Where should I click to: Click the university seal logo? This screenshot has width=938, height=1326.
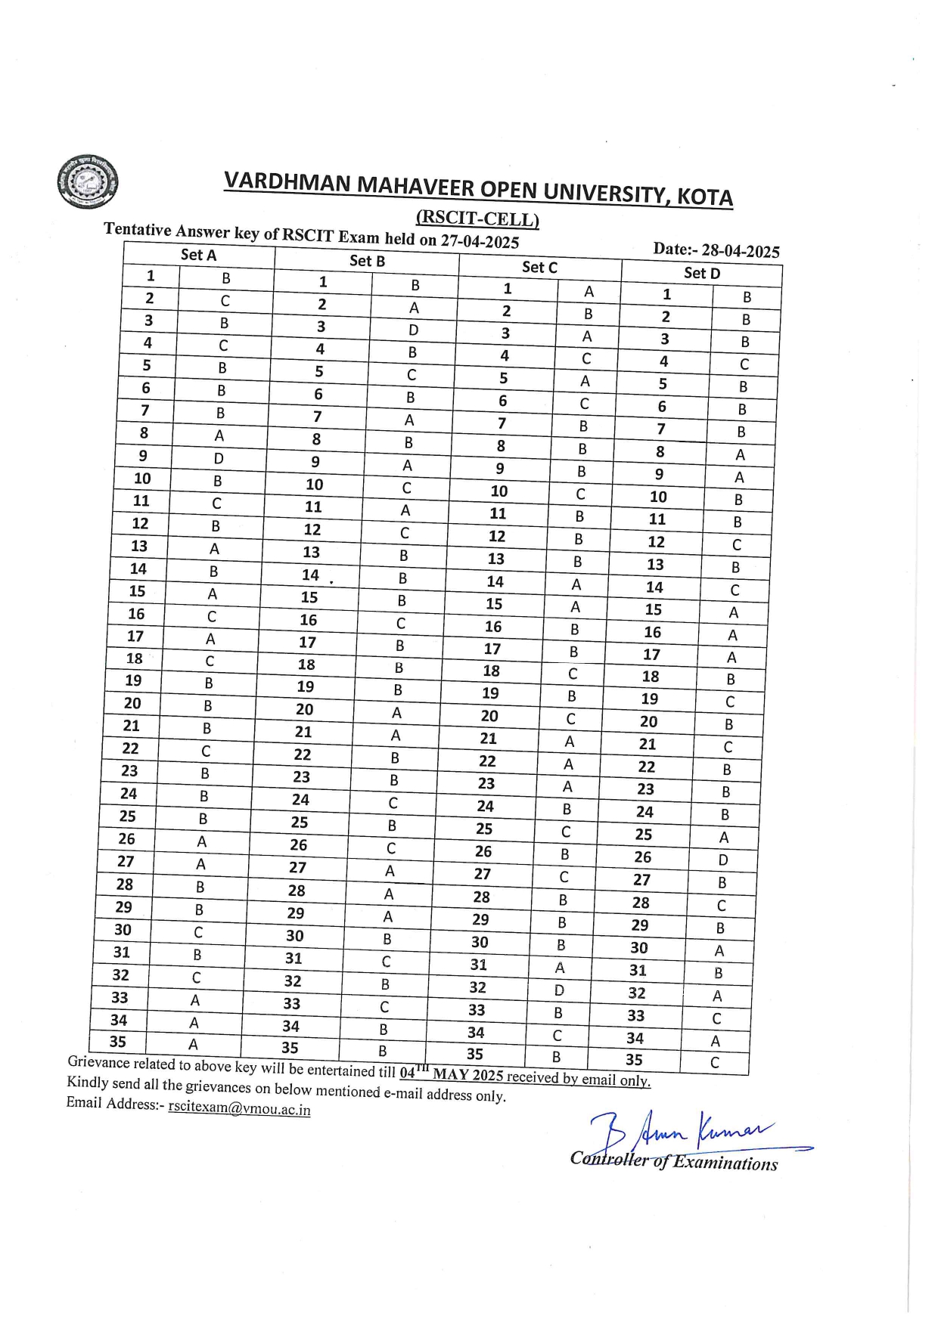click(x=88, y=182)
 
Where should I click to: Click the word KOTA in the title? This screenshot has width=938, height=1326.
click(x=704, y=197)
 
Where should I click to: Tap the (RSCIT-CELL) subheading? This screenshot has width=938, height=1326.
click(x=477, y=219)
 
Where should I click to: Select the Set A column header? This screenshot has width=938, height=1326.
click(x=198, y=256)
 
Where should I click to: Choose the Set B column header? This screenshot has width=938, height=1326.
click(x=367, y=262)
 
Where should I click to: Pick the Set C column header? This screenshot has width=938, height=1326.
click(x=539, y=268)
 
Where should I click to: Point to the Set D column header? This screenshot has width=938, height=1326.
click(x=701, y=274)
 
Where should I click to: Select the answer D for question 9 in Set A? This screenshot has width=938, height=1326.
click(x=219, y=458)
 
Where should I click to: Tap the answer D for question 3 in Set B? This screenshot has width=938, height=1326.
click(x=413, y=330)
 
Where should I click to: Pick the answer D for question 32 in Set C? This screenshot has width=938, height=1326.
click(x=559, y=990)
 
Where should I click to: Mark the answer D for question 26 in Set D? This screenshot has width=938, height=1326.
click(x=723, y=860)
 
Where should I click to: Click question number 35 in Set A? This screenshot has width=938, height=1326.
click(x=117, y=1042)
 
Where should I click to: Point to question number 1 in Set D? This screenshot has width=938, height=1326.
click(x=666, y=294)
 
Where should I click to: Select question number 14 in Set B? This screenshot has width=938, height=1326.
click(x=310, y=575)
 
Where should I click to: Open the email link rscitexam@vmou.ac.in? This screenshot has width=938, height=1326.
click(x=239, y=1109)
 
